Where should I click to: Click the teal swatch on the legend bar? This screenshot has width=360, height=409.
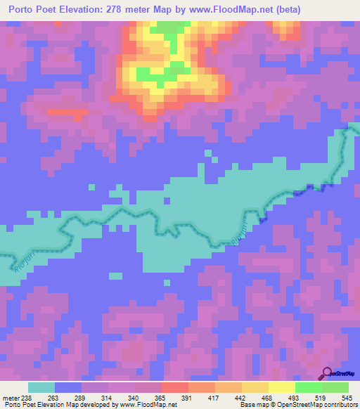(41, 387)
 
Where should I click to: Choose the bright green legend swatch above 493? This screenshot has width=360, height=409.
(309, 387)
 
